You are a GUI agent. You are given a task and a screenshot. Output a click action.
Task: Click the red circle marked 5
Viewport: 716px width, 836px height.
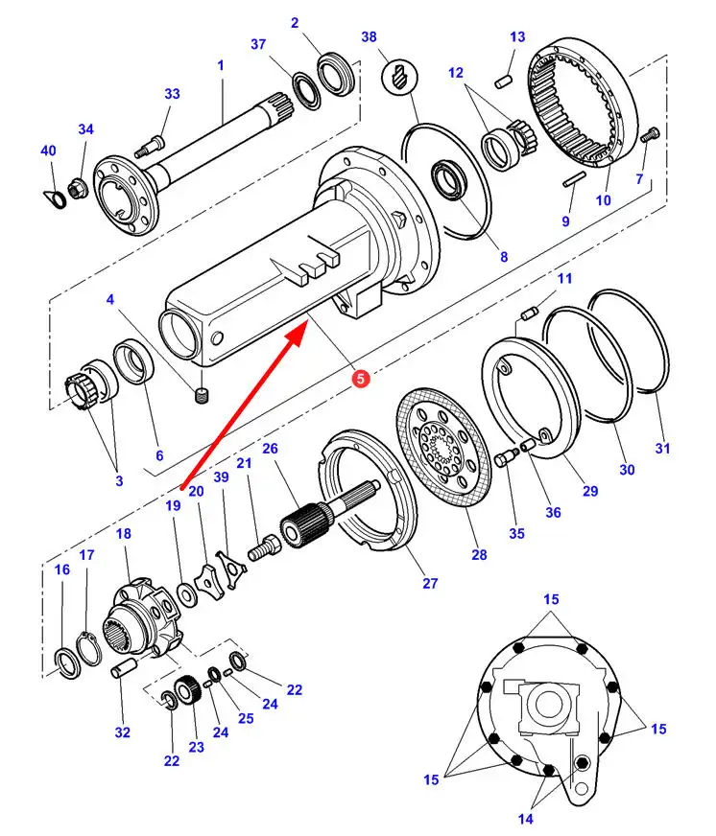(x=361, y=379)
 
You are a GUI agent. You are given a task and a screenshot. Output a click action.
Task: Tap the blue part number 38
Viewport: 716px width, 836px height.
(x=369, y=37)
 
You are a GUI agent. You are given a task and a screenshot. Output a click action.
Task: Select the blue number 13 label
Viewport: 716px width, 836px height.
(x=516, y=37)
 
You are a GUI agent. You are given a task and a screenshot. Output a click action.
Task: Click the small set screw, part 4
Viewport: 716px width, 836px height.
(x=202, y=396)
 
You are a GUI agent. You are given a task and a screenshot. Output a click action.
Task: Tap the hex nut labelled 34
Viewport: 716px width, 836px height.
(x=76, y=189)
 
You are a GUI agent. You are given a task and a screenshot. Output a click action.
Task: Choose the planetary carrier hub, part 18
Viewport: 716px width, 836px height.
(x=145, y=617)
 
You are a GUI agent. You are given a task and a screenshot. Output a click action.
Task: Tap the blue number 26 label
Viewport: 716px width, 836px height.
(x=270, y=449)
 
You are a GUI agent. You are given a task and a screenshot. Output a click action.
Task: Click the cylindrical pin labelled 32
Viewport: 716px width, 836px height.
(x=125, y=668)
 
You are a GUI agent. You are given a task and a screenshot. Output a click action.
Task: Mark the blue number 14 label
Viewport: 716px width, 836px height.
(x=525, y=819)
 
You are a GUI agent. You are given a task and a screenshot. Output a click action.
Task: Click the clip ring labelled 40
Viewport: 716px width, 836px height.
(x=55, y=198)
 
